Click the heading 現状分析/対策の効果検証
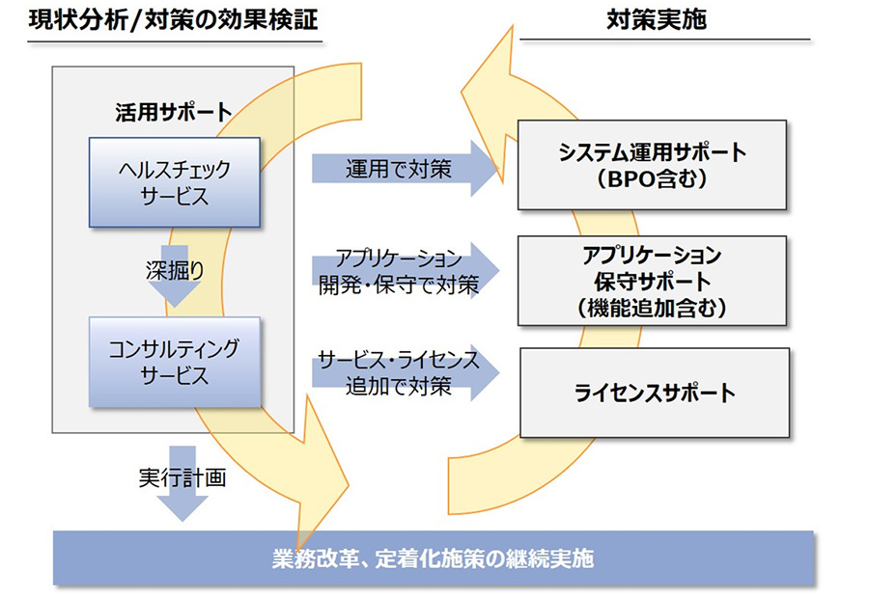[174, 20]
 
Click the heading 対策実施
[657, 20]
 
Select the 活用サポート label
[174, 113]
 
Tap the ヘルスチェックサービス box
[175, 182]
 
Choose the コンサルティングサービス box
[175, 362]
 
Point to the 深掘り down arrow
[175, 276]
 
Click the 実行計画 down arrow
[182, 483]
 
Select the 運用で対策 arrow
[406, 169]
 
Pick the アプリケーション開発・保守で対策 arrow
[406, 271]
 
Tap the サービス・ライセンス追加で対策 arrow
[406, 372]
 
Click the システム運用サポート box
[653, 165]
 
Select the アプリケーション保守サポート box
[653, 281]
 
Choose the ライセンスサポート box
[655, 393]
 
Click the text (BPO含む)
[652, 178]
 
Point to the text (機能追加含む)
[652, 308]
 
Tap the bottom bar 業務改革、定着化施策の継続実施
[434, 558]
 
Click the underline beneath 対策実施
[665, 40]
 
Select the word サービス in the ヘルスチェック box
[175, 196]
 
